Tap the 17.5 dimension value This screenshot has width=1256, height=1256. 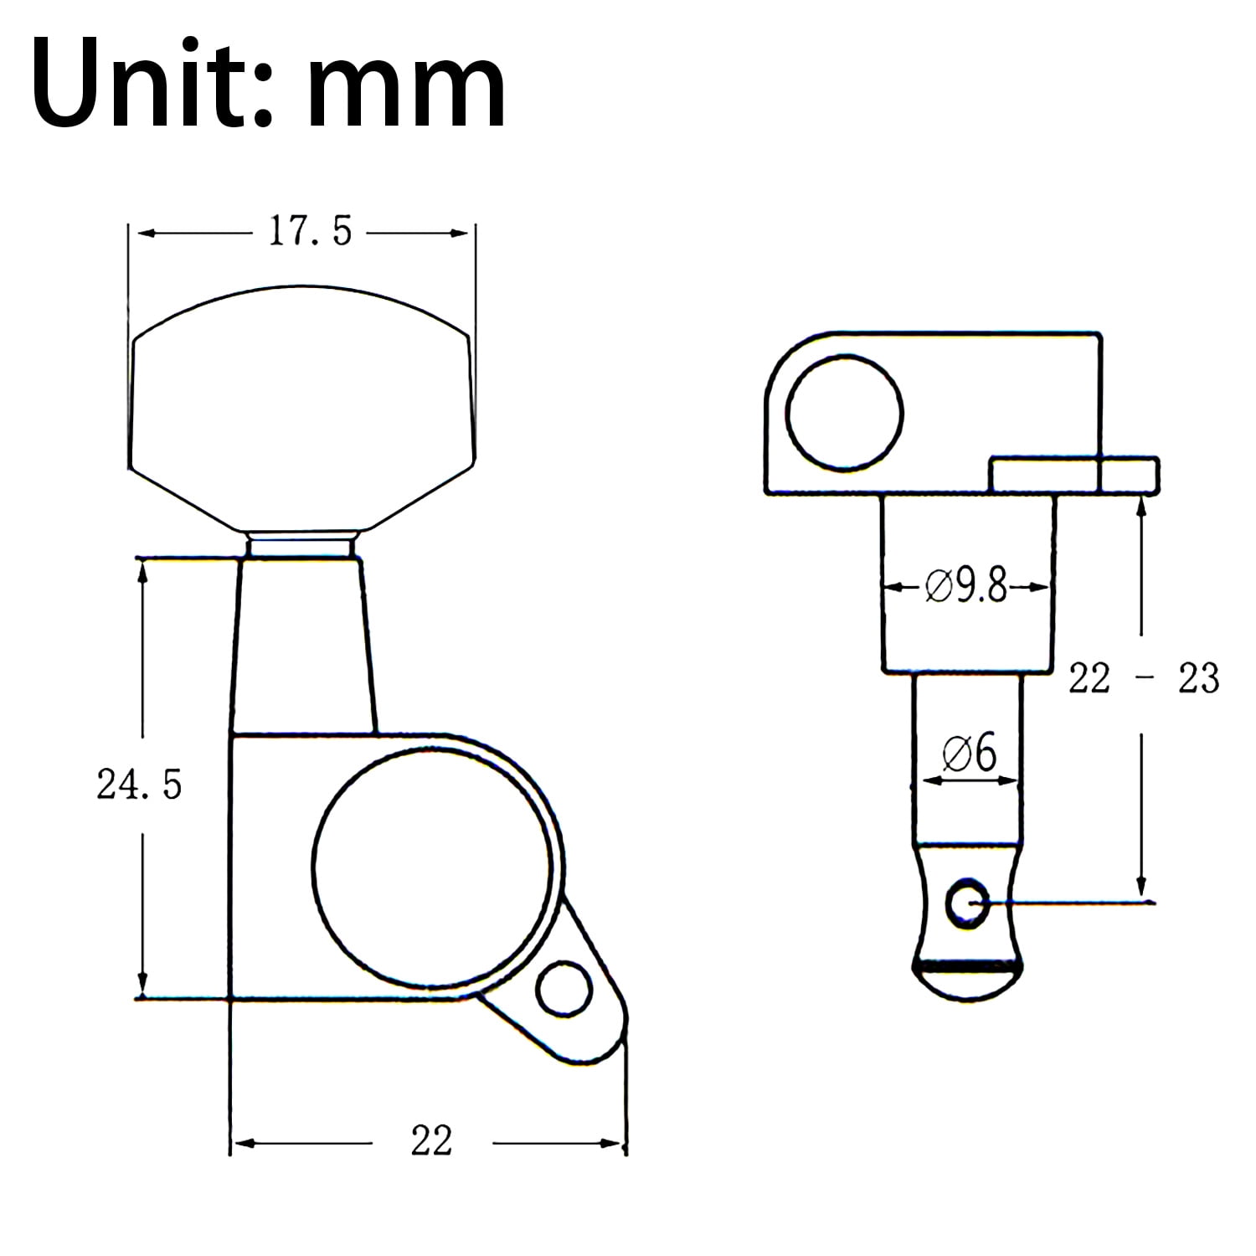click(x=311, y=231)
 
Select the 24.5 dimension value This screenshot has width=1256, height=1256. click(x=139, y=785)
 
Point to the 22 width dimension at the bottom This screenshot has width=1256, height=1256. click(x=431, y=1140)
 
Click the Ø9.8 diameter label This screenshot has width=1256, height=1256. click(x=966, y=586)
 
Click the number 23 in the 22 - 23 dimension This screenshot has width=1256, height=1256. click(x=1198, y=678)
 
